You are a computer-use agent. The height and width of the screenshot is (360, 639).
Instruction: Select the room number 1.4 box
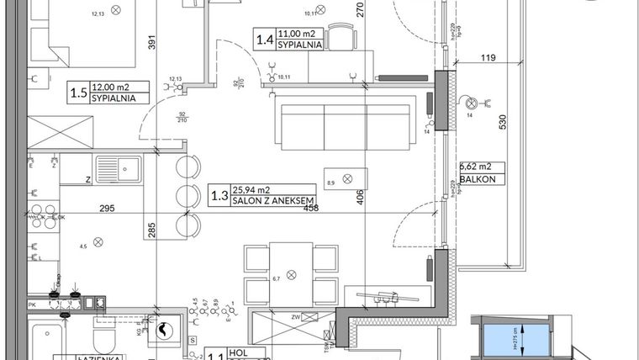coord(264,38)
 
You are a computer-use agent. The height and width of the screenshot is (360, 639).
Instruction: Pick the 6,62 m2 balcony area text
coord(477,167)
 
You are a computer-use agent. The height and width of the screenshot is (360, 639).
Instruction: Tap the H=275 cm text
coord(522,341)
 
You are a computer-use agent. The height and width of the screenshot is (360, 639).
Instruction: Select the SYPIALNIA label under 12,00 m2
coord(114,98)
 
